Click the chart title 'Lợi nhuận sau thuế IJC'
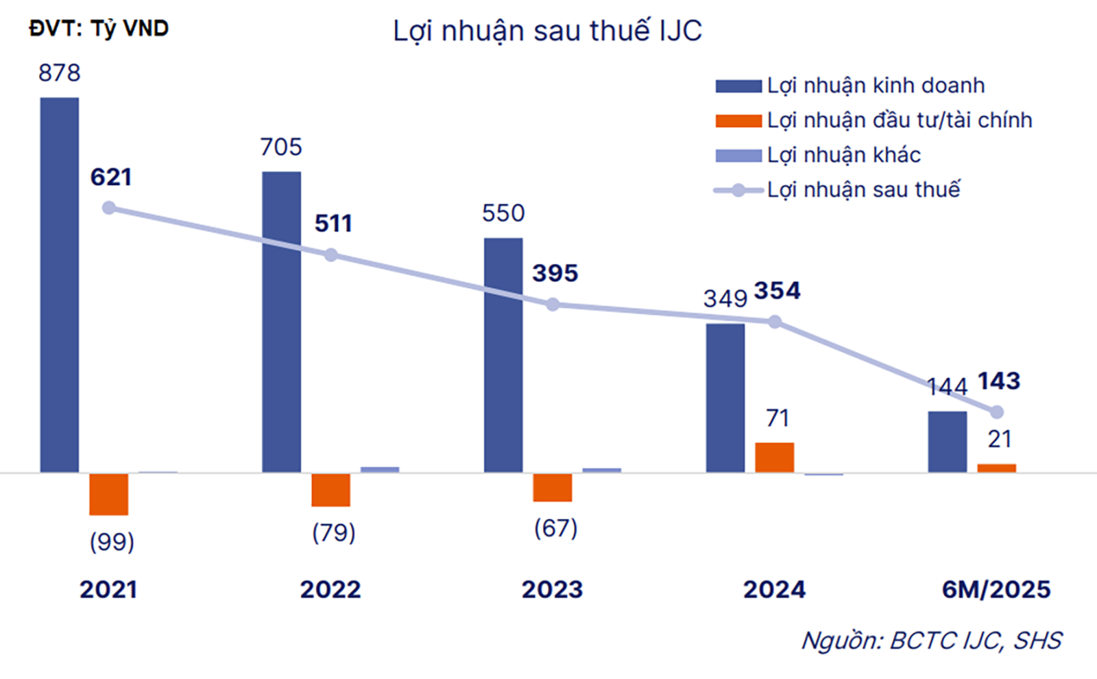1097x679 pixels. coord(547,32)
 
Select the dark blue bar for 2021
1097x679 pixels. coord(60,285)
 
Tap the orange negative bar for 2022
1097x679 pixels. coord(330,490)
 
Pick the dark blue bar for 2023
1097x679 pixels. coord(503,355)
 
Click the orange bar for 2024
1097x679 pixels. coord(775,457)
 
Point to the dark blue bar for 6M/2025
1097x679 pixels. coord(948,442)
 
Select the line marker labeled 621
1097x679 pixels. coord(109,208)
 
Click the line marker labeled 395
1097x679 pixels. coord(553,305)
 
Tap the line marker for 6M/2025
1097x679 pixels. coord(997,412)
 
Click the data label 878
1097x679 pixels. coord(60,73)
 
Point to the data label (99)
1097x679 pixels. coord(112,542)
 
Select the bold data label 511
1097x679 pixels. coord(333,224)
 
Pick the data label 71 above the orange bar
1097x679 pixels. coord(777,418)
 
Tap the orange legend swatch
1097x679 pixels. coord(738,121)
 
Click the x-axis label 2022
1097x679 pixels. coord(330,590)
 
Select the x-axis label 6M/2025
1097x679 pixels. coord(996,590)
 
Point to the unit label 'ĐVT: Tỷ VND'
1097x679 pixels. coord(99,29)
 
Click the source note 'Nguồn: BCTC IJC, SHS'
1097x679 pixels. coord(932,641)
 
